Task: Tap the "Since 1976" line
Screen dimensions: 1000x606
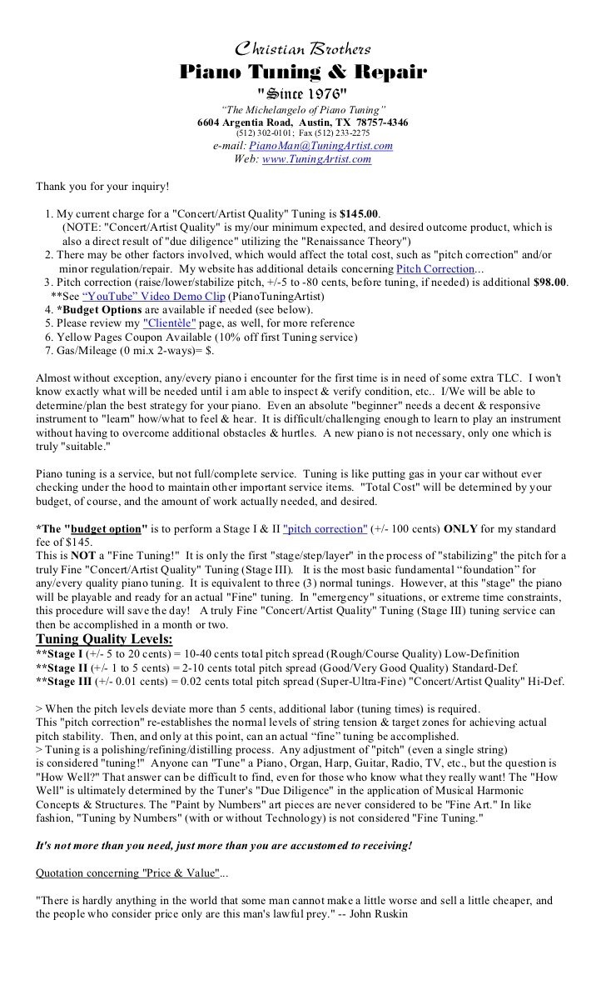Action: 303,92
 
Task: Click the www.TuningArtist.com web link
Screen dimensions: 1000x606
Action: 316,159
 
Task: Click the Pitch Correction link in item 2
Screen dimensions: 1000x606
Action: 435,269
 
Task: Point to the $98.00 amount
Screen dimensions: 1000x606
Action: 549,282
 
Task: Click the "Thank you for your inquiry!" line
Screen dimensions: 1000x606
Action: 102,187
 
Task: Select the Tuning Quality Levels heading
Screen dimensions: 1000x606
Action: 104,639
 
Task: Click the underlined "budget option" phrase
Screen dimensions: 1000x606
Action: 110,528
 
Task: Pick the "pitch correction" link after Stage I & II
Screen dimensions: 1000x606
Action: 325,528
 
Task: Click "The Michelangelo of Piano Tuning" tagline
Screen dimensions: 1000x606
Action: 303,110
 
